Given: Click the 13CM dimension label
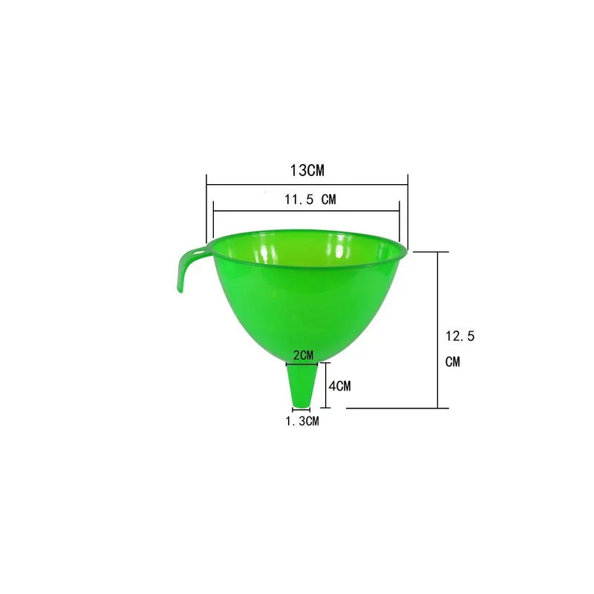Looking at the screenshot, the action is [x=307, y=171].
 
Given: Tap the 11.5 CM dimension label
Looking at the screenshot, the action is [x=310, y=199].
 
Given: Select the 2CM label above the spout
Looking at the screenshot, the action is [x=304, y=356].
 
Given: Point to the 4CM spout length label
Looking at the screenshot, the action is [x=340, y=386].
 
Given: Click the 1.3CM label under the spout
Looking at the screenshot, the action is [x=302, y=421].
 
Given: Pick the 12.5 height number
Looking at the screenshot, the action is [x=460, y=336].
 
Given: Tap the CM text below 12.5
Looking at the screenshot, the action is [x=453, y=362].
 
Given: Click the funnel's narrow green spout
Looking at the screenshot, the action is [x=302, y=385].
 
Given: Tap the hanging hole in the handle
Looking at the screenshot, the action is [x=198, y=251].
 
